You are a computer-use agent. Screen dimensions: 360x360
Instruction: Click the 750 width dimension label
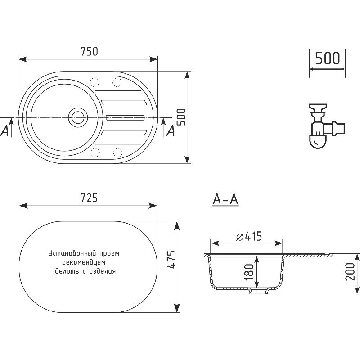pos(89,51)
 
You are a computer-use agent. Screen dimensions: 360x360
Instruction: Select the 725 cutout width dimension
pos(89,198)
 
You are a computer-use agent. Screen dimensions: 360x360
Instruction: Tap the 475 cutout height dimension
pos(171,259)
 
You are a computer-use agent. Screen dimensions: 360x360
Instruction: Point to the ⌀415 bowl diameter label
pos(249,236)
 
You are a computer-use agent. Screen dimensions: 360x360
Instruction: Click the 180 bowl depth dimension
pos(249,272)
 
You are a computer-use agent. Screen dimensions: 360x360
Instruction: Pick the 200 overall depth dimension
pos(351,272)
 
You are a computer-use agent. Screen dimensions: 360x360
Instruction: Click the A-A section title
pos(225,199)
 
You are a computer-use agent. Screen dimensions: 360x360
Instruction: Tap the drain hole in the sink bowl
pos(78,117)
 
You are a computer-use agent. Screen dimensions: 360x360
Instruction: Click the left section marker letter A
pos(4,131)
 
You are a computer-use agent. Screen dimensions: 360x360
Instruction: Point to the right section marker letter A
pos(170,131)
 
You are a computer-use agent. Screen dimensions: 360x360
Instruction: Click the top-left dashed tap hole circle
pos(94,82)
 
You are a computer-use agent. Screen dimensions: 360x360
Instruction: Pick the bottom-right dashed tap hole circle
pos(117,153)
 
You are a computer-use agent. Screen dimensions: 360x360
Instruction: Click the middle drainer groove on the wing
pos(126,117)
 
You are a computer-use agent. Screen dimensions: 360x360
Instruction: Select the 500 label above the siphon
pos(327,58)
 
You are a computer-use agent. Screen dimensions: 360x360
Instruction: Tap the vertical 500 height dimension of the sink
pos(182,117)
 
